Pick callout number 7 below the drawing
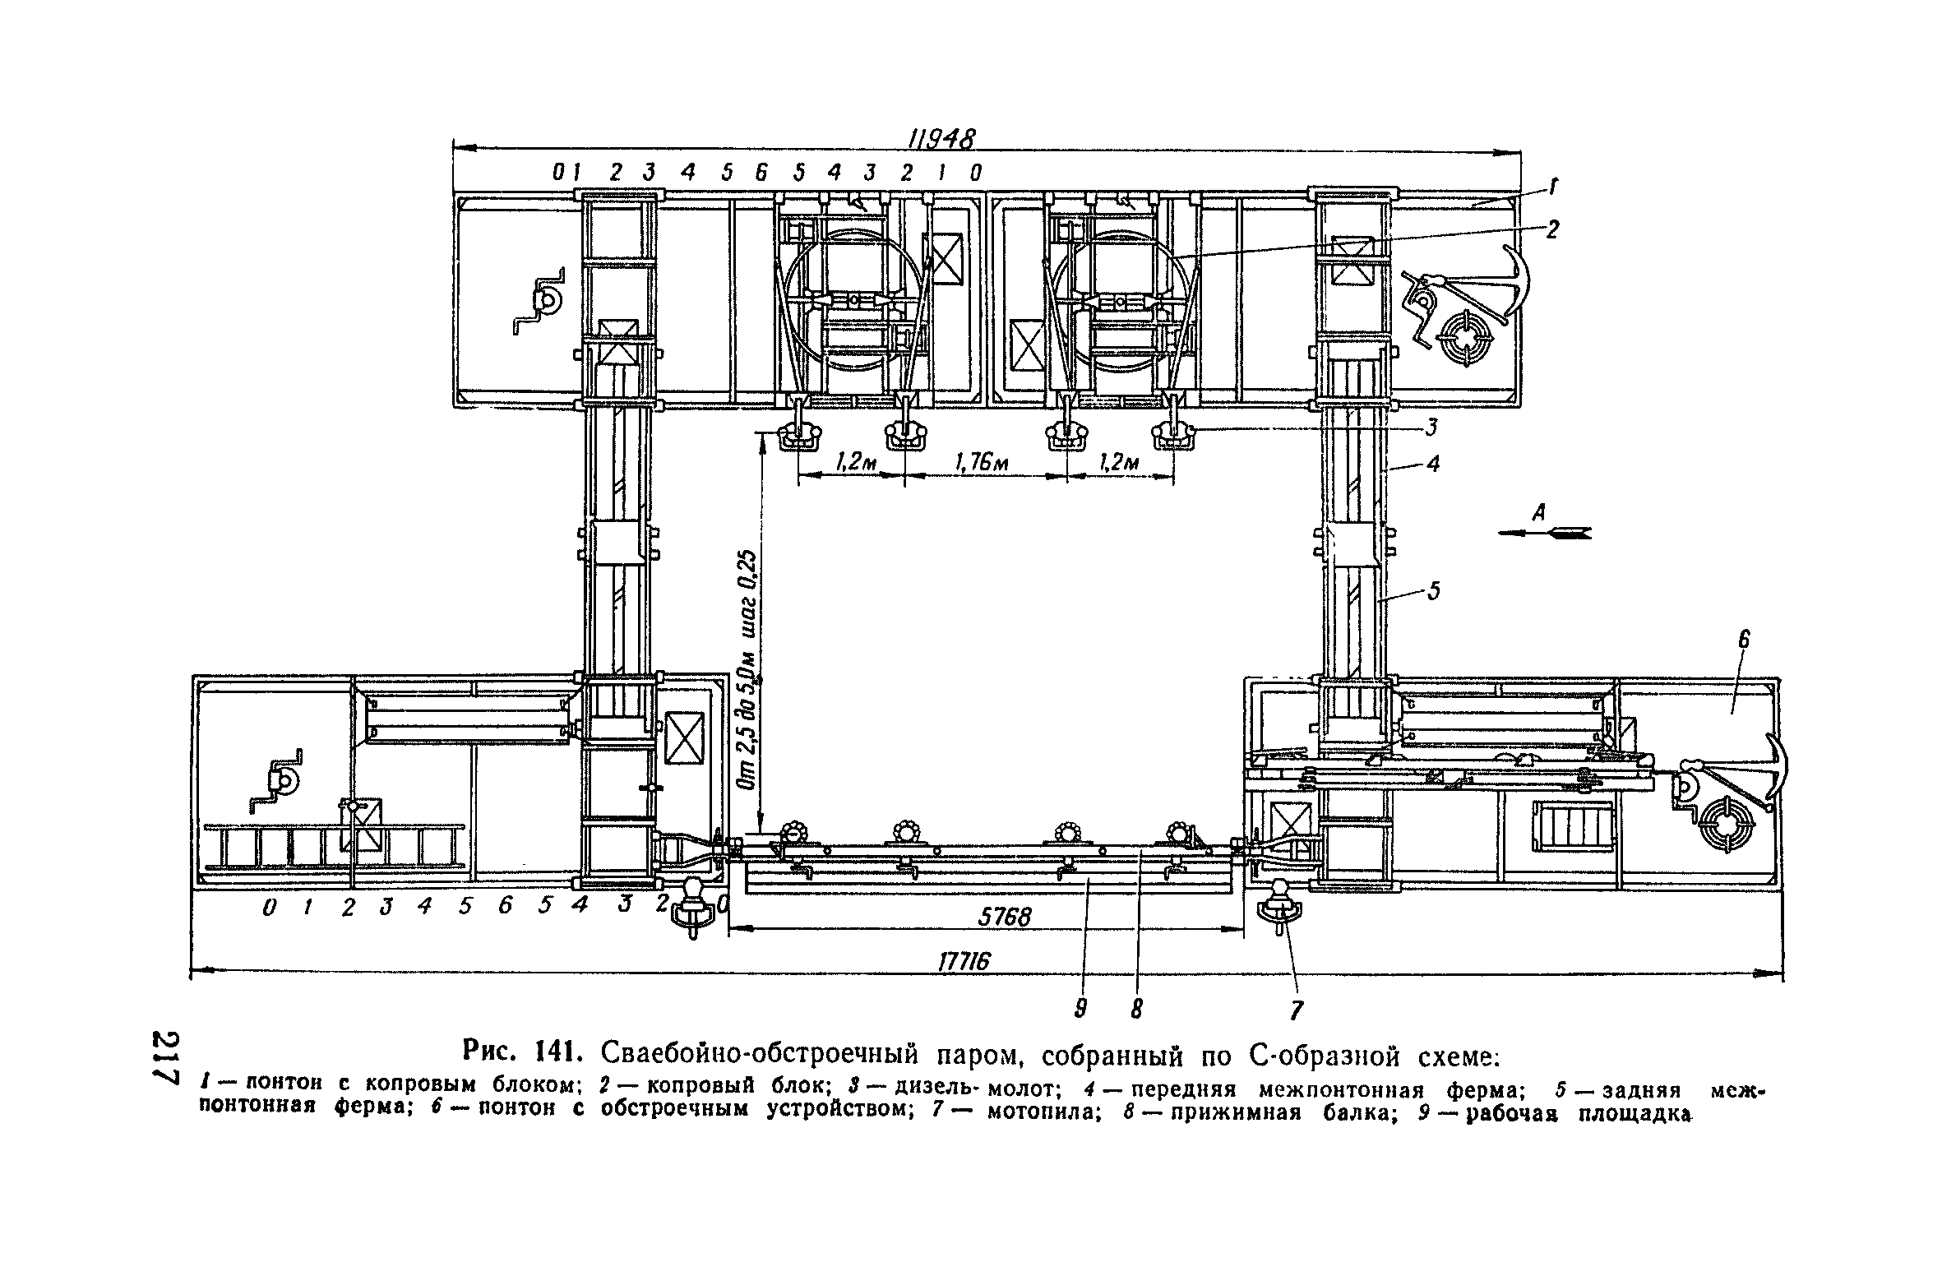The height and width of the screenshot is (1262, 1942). click(1297, 1010)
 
